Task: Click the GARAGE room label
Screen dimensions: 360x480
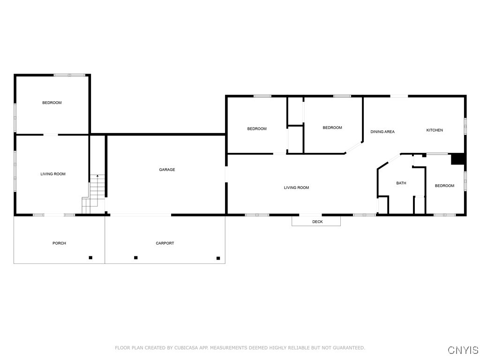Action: point(167,170)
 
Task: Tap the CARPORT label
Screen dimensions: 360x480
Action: point(165,243)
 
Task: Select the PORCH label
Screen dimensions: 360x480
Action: point(59,243)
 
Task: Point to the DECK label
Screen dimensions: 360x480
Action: point(317,222)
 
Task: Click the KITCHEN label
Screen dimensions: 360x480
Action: point(434,130)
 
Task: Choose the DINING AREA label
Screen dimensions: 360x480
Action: point(382,132)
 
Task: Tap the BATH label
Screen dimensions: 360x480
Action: point(401,183)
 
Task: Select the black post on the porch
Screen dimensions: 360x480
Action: point(90,257)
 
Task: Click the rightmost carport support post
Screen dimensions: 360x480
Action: point(218,258)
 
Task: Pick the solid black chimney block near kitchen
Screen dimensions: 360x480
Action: point(457,159)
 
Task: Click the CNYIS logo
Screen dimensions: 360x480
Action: point(463,350)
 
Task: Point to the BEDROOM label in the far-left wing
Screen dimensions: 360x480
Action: point(52,103)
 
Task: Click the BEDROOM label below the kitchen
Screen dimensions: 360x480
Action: point(444,186)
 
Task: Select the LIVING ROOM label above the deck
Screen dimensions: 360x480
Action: point(296,188)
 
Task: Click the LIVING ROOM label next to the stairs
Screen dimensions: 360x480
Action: point(53,174)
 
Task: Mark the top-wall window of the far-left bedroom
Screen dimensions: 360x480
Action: point(69,75)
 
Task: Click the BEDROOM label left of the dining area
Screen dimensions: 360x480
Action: point(332,127)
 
